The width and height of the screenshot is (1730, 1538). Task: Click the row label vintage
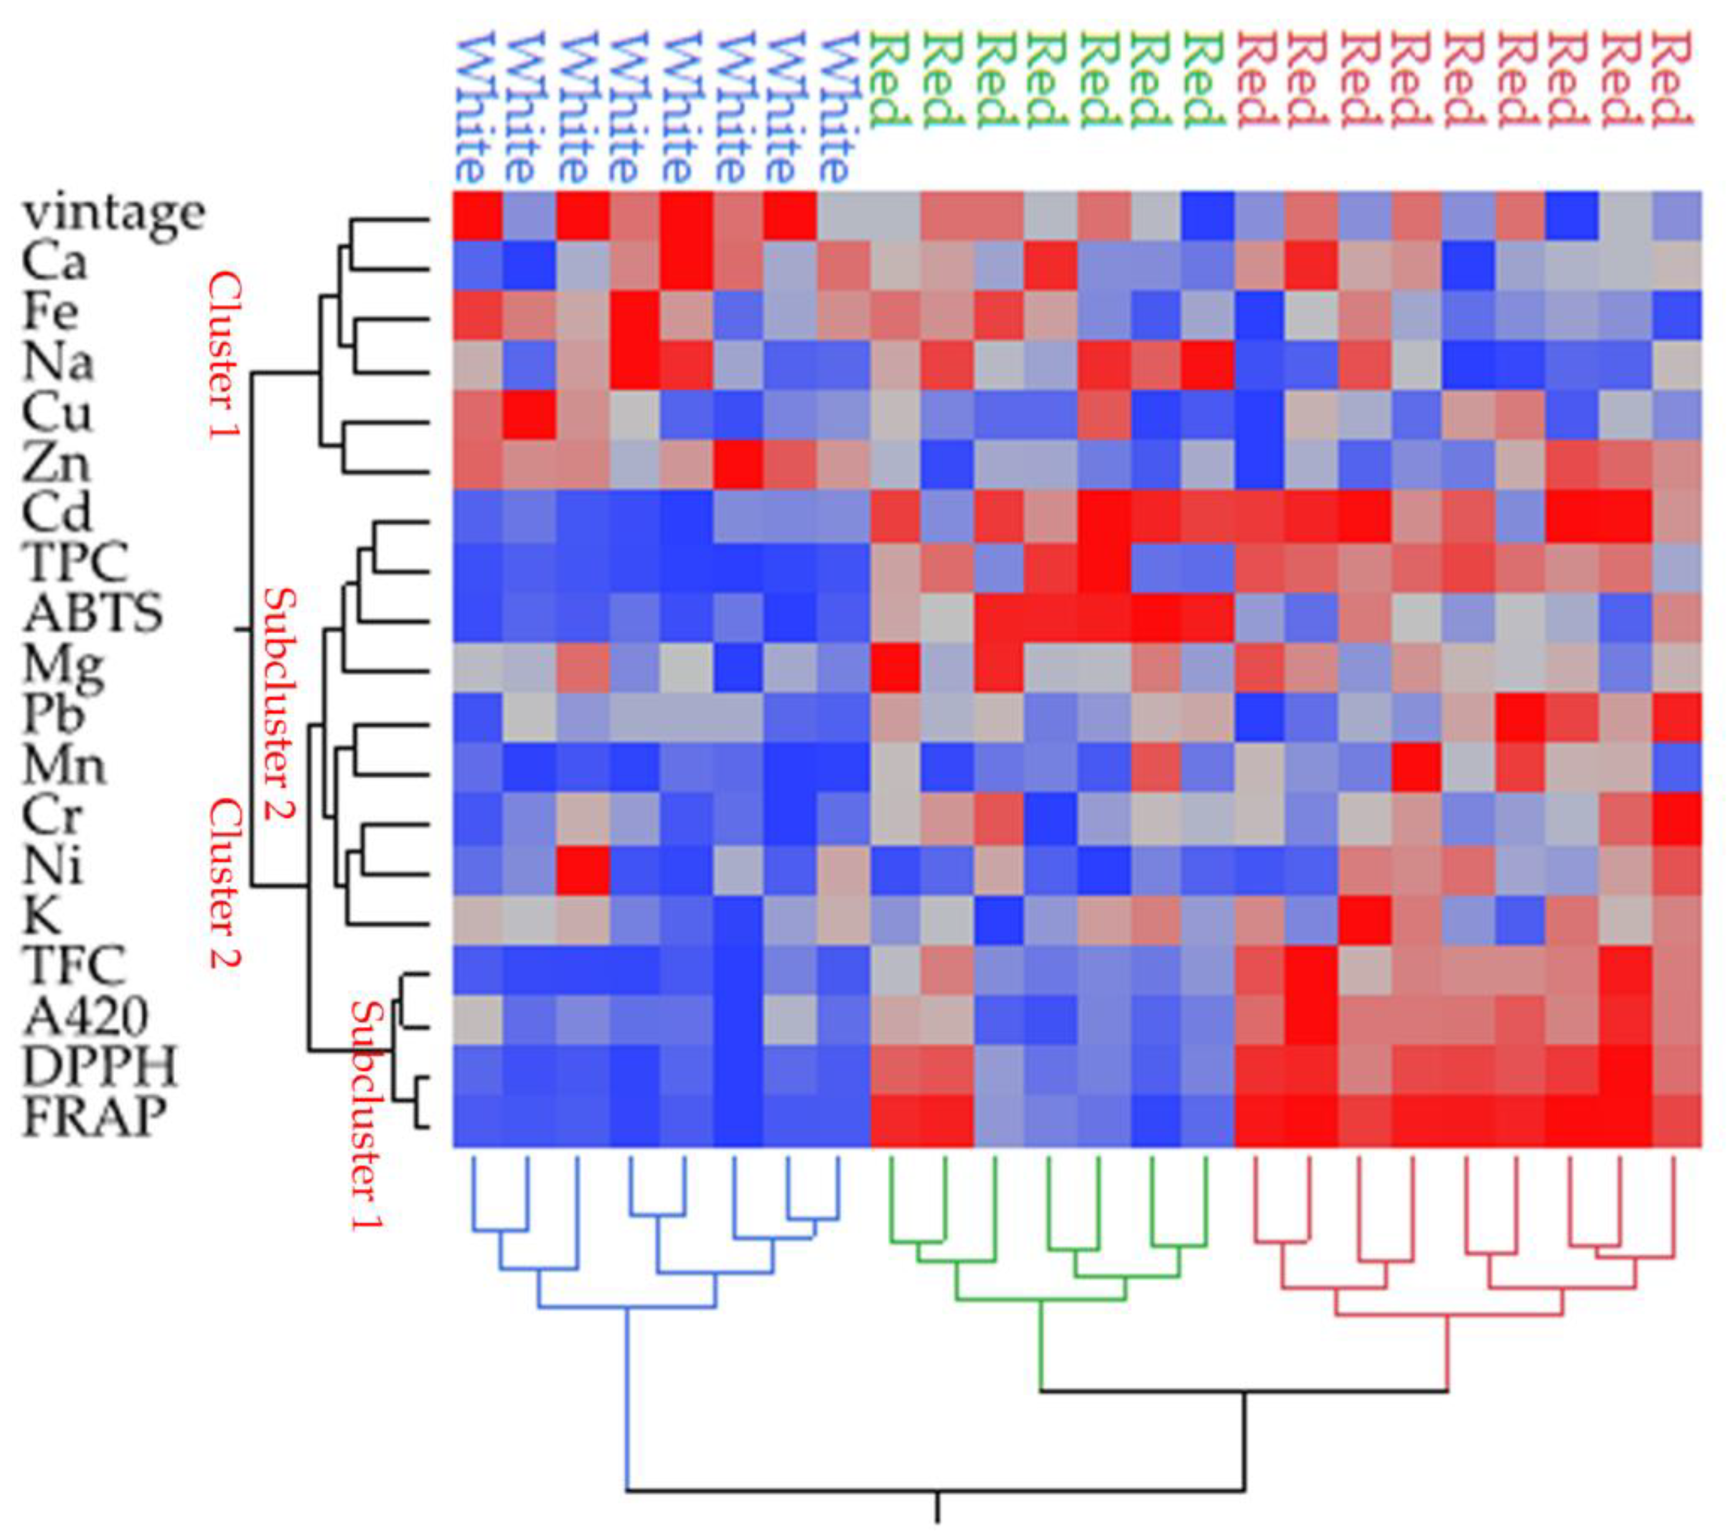click(x=113, y=214)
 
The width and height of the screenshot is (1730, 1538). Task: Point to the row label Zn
click(x=55, y=463)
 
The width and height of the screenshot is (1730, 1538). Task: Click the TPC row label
click(x=75, y=563)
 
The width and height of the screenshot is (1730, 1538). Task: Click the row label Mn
click(x=64, y=765)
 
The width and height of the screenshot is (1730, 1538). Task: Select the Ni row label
click(x=52, y=866)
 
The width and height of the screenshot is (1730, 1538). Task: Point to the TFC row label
click(x=75, y=965)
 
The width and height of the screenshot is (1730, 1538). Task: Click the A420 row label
click(x=85, y=1016)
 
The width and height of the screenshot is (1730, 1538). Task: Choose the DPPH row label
click(x=99, y=1067)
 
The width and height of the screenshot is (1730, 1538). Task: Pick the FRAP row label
click(x=93, y=1117)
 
